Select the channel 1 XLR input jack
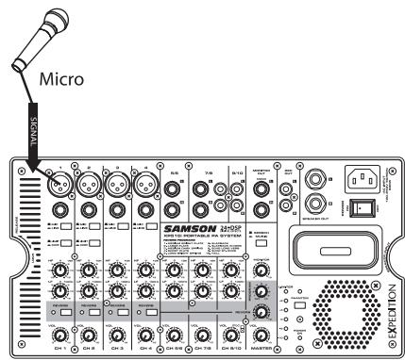[63, 184]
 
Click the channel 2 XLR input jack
[92, 184]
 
